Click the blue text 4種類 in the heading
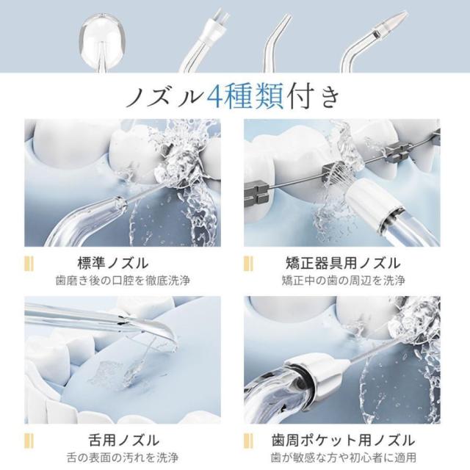point(245,97)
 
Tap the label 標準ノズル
point(113,263)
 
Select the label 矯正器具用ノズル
point(343,263)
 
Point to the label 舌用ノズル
point(124,441)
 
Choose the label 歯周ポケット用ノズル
point(344,441)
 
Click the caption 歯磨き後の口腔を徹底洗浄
point(123,281)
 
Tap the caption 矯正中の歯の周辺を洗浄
point(344,281)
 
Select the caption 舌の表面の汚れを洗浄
point(123,458)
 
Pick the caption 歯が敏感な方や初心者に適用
point(344,458)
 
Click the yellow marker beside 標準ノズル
point(29,264)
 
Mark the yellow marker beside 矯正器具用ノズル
point(248,264)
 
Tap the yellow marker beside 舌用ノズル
point(29,441)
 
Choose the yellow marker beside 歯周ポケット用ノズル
point(248,441)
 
